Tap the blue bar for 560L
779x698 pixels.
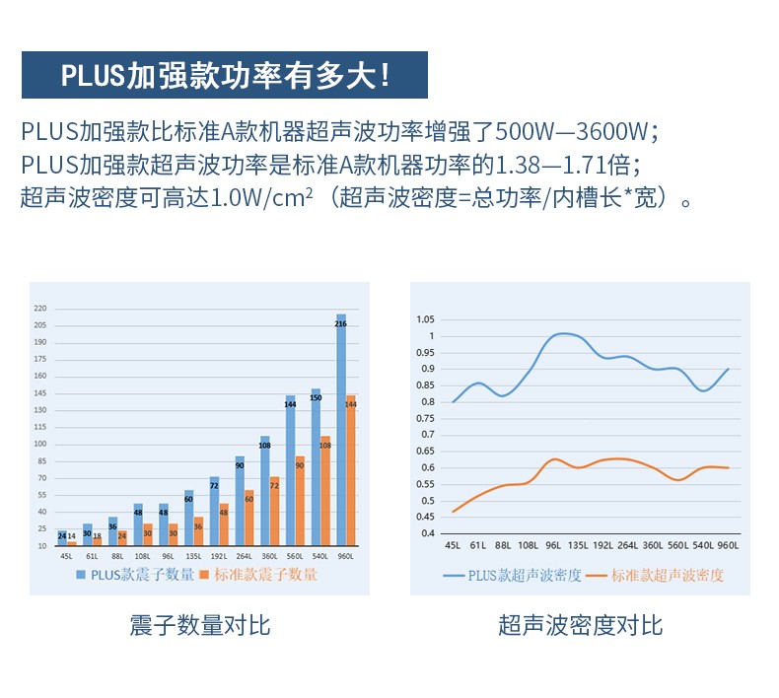click(x=290, y=469)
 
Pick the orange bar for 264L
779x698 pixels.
click(x=248, y=518)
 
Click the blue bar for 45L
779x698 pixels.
click(x=62, y=537)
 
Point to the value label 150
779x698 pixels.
click(x=316, y=397)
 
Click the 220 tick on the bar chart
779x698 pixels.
click(x=40, y=308)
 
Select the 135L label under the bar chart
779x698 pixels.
click(x=192, y=555)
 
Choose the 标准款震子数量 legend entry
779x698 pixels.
click(x=259, y=574)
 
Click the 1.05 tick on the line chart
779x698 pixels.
click(x=426, y=319)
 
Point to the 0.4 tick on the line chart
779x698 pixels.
click(x=428, y=533)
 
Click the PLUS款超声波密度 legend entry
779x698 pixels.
click(x=513, y=575)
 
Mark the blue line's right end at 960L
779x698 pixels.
click(x=729, y=370)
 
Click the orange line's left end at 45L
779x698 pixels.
click(x=453, y=512)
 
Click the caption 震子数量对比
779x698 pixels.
click(x=199, y=625)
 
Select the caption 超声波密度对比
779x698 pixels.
click(x=580, y=625)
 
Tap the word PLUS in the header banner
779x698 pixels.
click(x=92, y=75)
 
